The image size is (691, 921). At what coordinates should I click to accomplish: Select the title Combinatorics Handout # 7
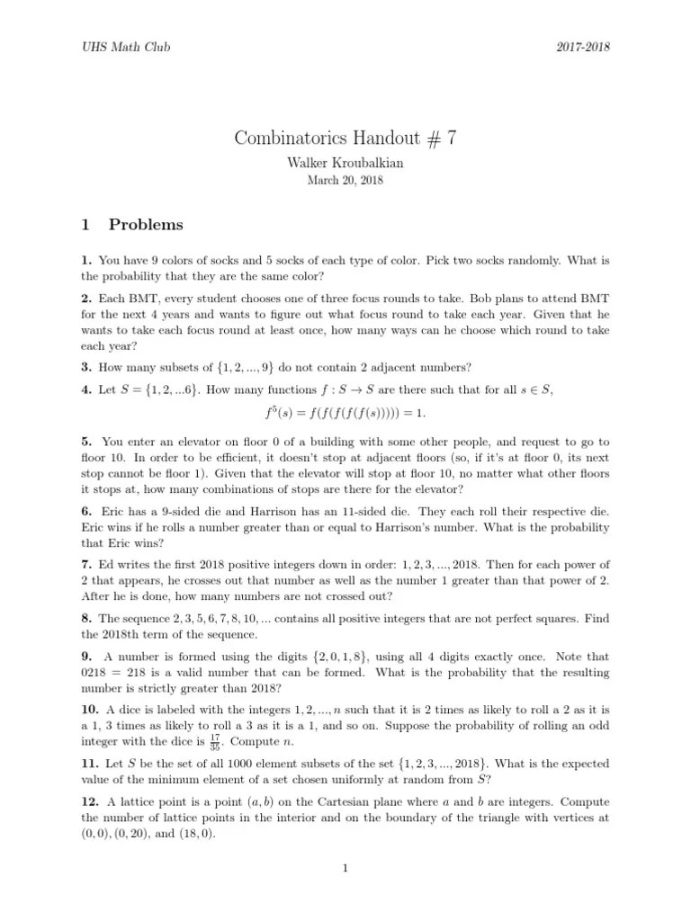[x=345, y=139]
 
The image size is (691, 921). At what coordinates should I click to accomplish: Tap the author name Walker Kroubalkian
[x=345, y=165]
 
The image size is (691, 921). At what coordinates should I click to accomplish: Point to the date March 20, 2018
[x=345, y=182]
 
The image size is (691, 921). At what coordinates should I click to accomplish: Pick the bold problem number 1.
[x=84, y=261]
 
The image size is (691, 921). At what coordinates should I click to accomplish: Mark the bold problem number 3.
[x=84, y=366]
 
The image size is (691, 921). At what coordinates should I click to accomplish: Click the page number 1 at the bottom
[x=345, y=869]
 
